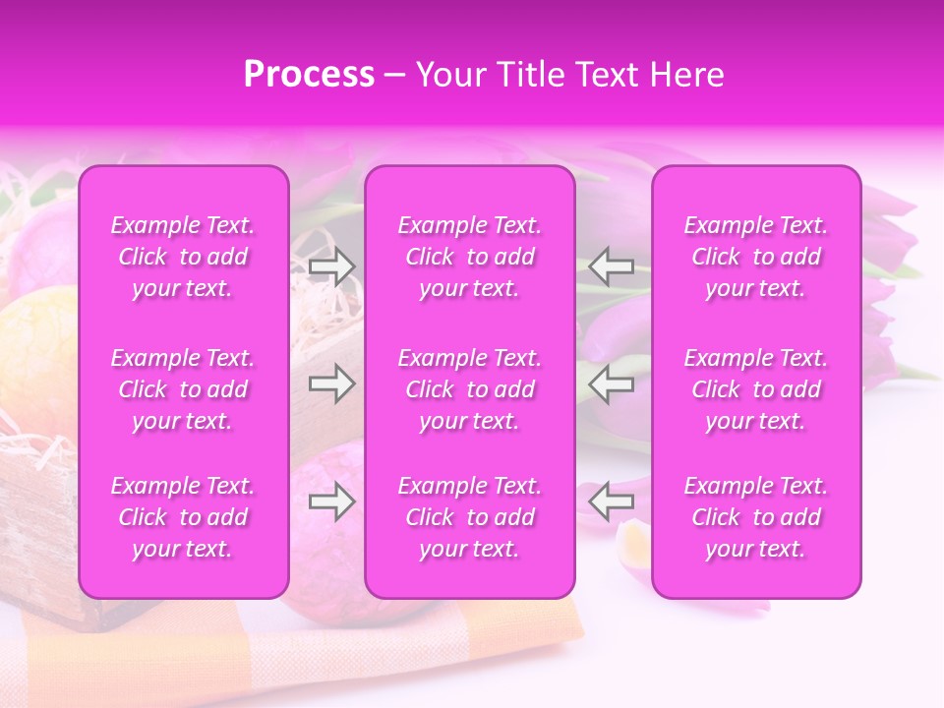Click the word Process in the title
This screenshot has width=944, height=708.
[x=309, y=75]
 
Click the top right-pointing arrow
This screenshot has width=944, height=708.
[x=331, y=266]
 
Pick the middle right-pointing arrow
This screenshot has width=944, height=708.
[x=331, y=383]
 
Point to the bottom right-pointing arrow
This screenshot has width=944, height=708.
[x=331, y=501]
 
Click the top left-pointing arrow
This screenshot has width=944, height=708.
[x=611, y=266]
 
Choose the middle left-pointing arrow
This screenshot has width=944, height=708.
[x=611, y=383]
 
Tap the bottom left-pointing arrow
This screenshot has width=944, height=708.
[x=611, y=501]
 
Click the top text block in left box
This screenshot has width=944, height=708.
[x=183, y=257]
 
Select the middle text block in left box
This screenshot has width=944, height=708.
[x=183, y=389]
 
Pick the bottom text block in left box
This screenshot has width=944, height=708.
[x=183, y=517]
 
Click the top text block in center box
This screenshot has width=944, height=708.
[x=469, y=257]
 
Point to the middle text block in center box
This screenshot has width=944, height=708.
[x=469, y=389]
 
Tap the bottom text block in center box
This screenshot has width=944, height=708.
[x=469, y=517]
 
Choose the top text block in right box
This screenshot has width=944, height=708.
[x=755, y=257]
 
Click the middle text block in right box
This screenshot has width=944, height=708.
[x=755, y=389]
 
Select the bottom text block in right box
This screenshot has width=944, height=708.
[x=755, y=517]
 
